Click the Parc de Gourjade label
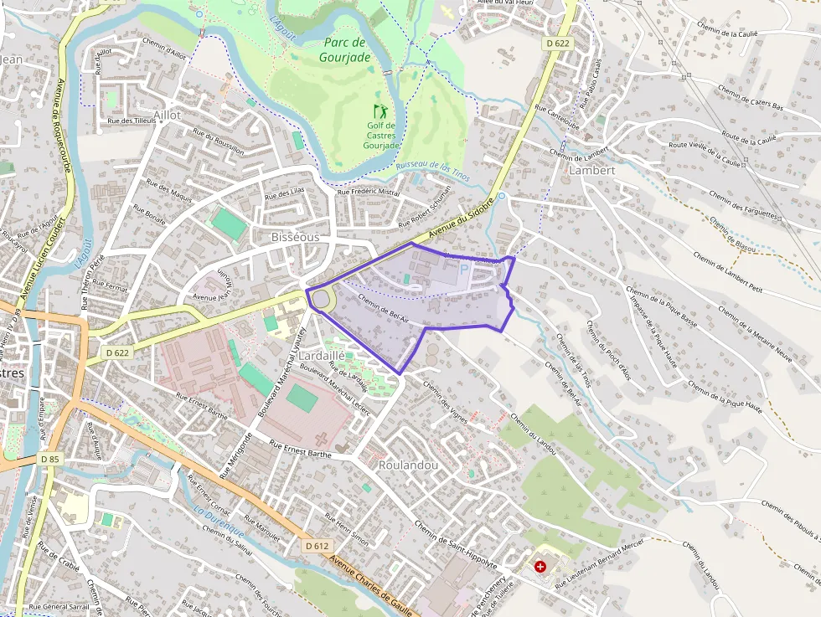pos(344,50)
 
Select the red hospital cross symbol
pos(540,567)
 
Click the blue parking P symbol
pos(463,270)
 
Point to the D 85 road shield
pos(49,460)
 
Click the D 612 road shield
pos(317,546)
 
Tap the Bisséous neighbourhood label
pos(295,237)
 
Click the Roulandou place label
pos(408,465)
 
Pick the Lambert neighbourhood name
pos(591,170)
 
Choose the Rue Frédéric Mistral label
pos(369,192)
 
